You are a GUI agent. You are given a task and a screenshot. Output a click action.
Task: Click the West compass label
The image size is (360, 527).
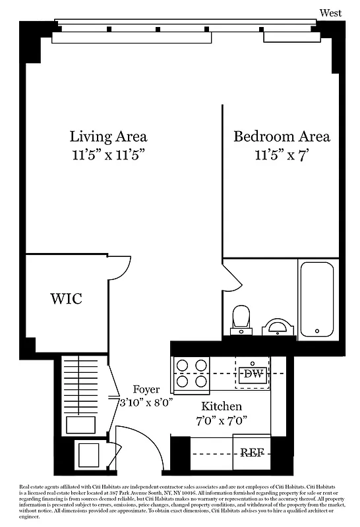coord(331,13)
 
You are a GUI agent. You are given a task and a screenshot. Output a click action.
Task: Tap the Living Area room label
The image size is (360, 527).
coord(108,136)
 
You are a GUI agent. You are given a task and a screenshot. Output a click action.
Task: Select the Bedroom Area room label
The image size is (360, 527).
coord(282,136)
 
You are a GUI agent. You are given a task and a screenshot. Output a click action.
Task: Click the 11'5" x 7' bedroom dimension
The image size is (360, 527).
coord(282,156)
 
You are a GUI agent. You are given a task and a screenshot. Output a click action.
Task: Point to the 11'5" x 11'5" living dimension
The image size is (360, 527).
coord(108,156)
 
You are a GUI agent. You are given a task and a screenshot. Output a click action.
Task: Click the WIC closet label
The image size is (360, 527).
coord(67,298)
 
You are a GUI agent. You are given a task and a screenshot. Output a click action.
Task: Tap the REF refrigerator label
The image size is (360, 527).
coord(252,453)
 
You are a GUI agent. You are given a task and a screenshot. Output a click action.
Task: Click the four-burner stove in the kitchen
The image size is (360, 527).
coord(191,374)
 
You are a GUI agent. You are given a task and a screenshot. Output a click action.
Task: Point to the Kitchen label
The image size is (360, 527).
coord(222,406)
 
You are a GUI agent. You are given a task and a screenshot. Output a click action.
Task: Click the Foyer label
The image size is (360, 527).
coord(146,389)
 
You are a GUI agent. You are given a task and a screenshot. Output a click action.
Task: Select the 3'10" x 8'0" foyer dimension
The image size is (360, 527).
coord(146,402)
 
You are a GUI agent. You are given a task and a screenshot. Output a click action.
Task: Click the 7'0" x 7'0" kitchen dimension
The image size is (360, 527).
coord(222,421)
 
